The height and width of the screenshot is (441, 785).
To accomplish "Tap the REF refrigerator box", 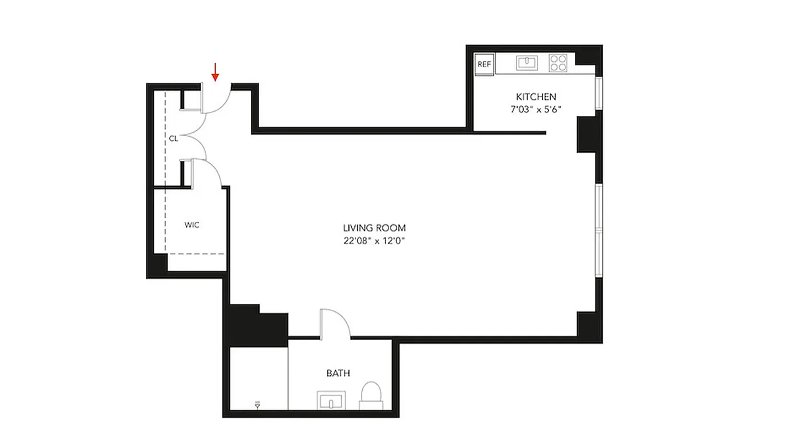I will (x=484, y=64).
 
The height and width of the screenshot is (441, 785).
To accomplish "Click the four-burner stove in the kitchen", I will (x=558, y=63).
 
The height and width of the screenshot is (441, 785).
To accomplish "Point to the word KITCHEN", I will (x=536, y=96).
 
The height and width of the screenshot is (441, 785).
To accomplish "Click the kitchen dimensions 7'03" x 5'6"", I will (x=536, y=109).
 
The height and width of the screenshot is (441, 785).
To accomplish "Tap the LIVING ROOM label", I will (x=374, y=228).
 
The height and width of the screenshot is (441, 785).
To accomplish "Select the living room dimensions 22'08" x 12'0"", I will (x=374, y=240).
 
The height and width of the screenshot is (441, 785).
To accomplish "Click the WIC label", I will (x=192, y=225).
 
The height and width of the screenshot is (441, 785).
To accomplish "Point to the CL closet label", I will (x=173, y=139).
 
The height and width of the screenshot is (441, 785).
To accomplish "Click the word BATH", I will (x=338, y=373).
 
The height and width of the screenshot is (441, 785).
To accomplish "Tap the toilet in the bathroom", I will (x=371, y=396).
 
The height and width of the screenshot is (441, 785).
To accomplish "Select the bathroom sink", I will (x=331, y=400).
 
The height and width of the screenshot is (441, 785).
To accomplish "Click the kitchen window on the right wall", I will (x=599, y=94).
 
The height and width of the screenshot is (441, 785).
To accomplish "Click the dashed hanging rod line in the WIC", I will (x=196, y=254).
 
